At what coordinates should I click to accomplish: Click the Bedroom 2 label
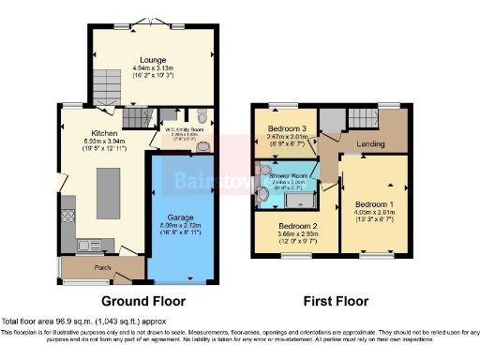tap(297, 225)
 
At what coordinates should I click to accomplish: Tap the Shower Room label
tap(286, 175)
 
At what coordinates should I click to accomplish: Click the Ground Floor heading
tap(142, 301)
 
